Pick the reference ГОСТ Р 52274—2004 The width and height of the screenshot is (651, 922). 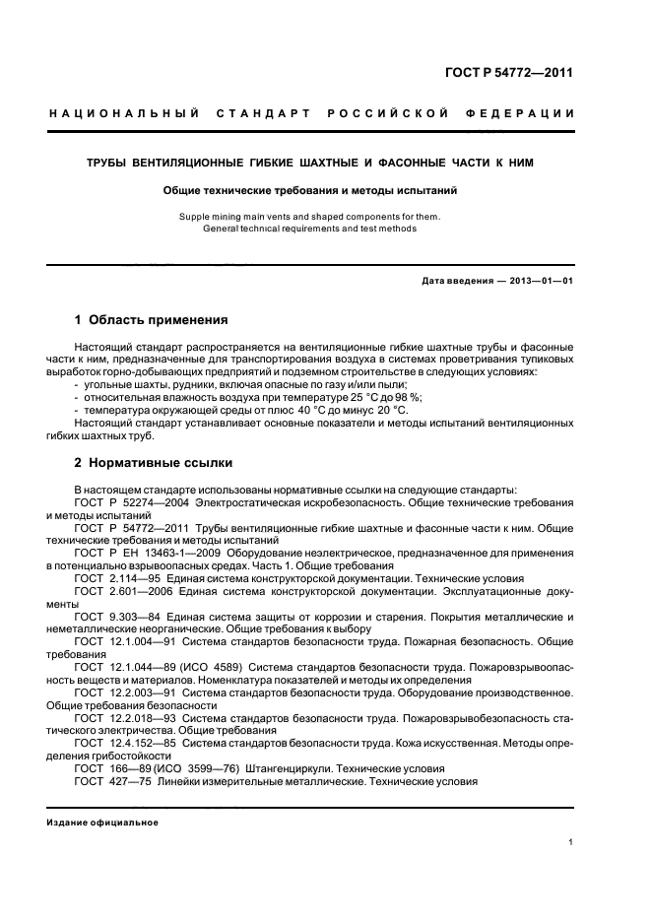coord(133,502)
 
